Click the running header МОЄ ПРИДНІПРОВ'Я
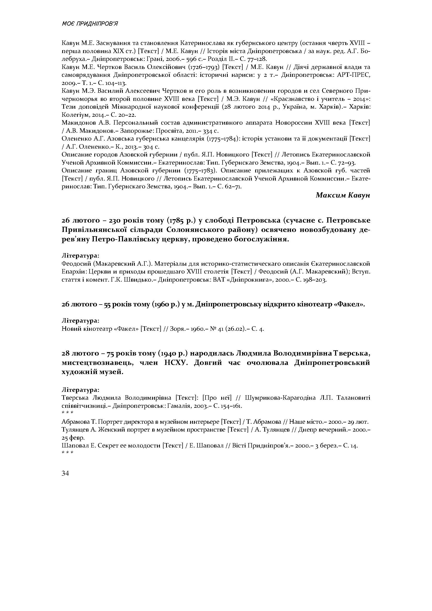(90, 24)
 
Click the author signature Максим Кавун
(343, 195)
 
